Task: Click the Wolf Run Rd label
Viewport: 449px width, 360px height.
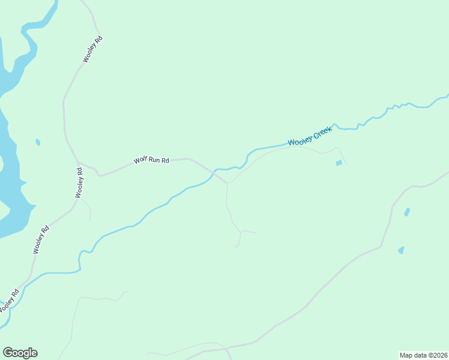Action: pyautogui.click(x=151, y=161)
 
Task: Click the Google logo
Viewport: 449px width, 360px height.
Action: pyautogui.click(x=20, y=353)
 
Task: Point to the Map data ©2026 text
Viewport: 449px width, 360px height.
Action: pyautogui.click(x=423, y=355)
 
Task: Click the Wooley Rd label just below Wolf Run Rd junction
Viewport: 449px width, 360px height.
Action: pyautogui.click(x=79, y=182)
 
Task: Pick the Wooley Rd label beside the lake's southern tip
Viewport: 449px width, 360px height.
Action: pyautogui.click(x=41, y=239)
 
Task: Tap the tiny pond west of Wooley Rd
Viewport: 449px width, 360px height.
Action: pyautogui.click(x=38, y=142)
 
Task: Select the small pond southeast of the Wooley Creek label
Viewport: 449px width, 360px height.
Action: pyautogui.click(x=339, y=163)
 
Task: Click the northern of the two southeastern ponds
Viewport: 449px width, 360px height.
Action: pyautogui.click(x=408, y=212)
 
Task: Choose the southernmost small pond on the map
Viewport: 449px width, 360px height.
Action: pyautogui.click(x=400, y=250)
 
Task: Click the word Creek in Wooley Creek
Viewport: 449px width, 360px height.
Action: pyautogui.click(x=321, y=133)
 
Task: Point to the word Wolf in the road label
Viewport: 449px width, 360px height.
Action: pyautogui.click(x=140, y=161)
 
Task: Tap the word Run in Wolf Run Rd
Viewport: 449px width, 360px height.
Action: pyautogui.click(x=154, y=161)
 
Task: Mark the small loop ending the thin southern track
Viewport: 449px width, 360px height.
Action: pyautogui.click(x=237, y=246)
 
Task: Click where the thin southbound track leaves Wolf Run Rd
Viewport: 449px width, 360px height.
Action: pyautogui.click(x=227, y=183)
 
